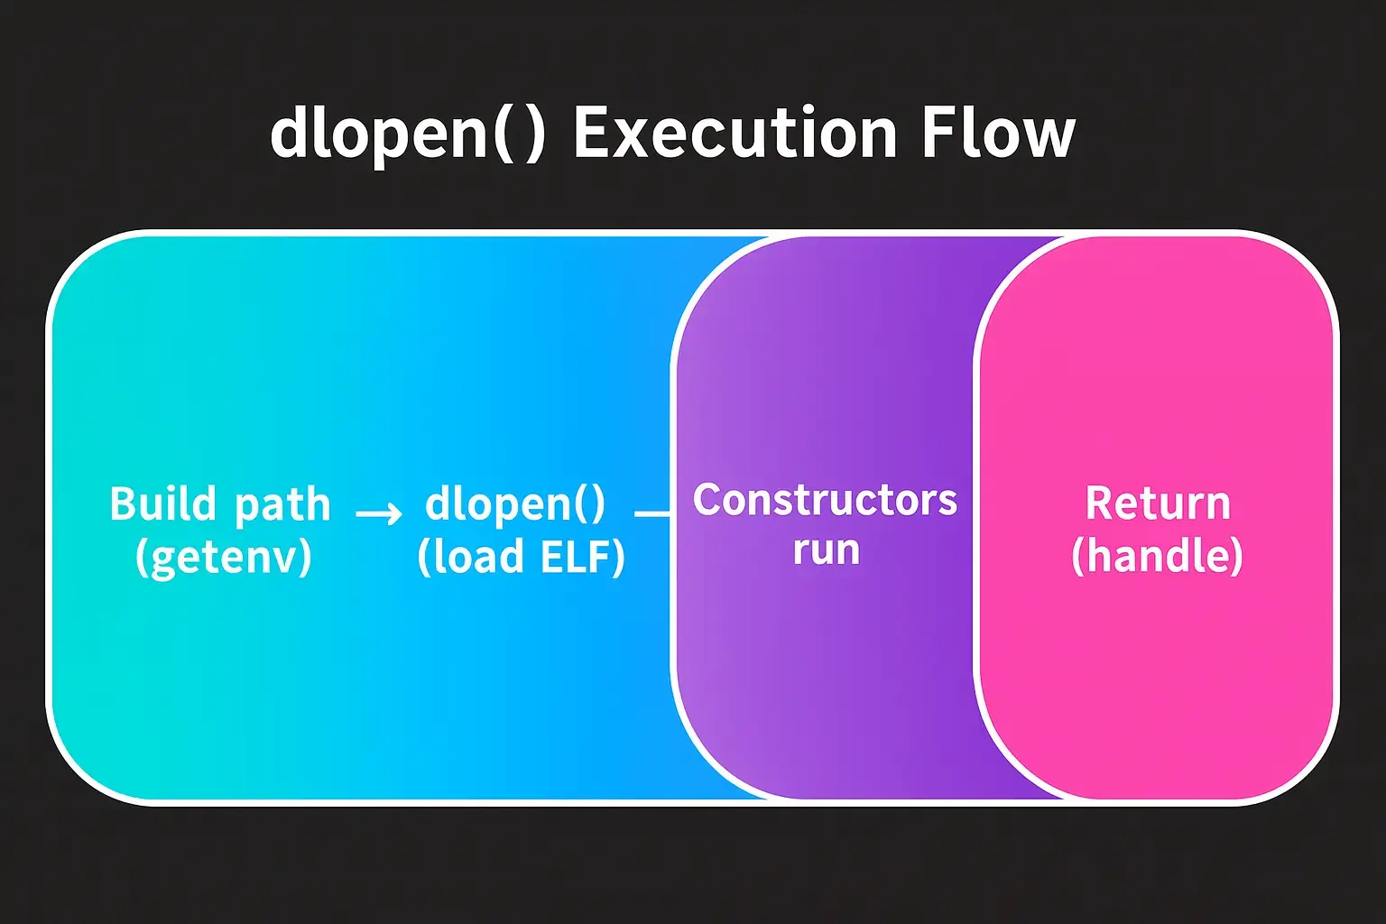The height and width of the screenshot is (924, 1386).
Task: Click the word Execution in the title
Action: coord(735,134)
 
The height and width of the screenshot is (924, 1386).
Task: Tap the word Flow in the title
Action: coord(998,134)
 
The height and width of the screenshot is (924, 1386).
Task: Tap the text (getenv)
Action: coord(223,557)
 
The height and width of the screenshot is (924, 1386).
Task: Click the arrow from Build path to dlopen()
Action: coord(379,514)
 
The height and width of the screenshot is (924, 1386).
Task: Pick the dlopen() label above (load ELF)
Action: coord(515,504)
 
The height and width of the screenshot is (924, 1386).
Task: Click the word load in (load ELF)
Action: coord(478,557)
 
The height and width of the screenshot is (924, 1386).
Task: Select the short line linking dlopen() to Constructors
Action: coord(651,514)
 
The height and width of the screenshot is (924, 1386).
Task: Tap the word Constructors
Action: coord(825,500)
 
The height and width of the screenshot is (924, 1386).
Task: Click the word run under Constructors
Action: coord(826,550)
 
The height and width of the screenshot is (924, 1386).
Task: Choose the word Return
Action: coord(1158,504)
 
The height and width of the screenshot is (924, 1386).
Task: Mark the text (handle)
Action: coord(1157,556)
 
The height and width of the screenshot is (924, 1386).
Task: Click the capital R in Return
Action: coord(1100,504)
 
